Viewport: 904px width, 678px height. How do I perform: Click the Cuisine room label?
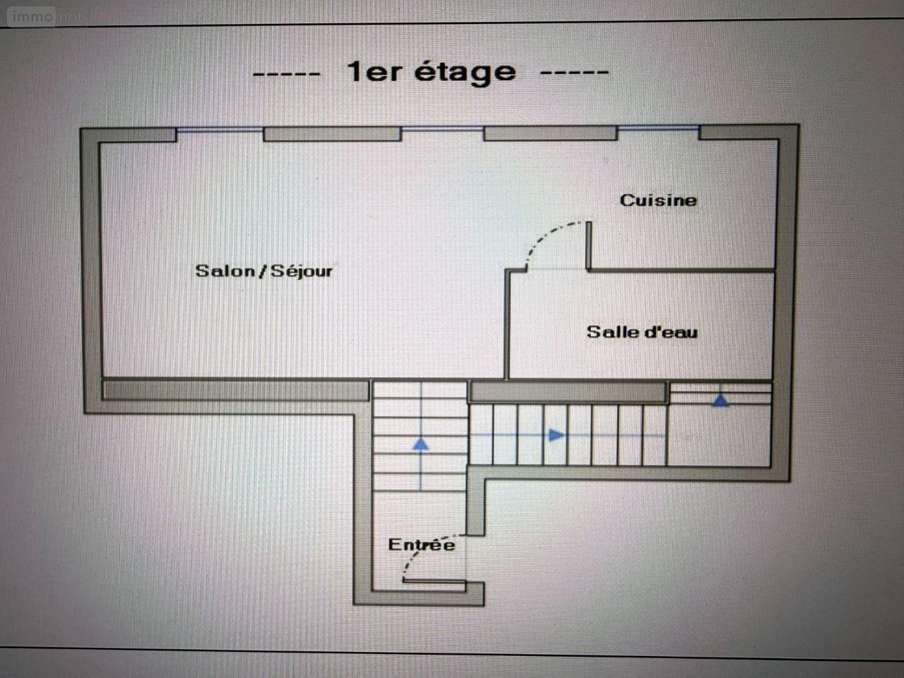(658, 201)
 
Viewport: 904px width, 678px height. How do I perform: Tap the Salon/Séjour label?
(264, 271)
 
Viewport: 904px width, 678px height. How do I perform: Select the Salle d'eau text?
(642, 332)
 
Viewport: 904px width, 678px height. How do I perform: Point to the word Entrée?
(421, 545)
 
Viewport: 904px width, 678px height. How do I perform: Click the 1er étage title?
(431, 72)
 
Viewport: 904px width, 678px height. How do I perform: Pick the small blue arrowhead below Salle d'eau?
(720, 401)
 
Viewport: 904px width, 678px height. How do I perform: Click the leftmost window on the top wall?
(220, 130)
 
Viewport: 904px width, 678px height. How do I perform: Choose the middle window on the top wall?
(442, 129)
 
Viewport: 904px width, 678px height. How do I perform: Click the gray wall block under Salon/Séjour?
(236, 390)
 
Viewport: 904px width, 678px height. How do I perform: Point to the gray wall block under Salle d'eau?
(568, 392)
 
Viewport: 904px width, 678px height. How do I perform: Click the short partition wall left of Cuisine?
(589, 245)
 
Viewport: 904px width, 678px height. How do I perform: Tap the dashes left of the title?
(286, 75)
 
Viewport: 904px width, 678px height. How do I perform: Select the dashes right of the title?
(574, 72)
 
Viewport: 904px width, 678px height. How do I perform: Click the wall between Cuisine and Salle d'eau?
(681, 271)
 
